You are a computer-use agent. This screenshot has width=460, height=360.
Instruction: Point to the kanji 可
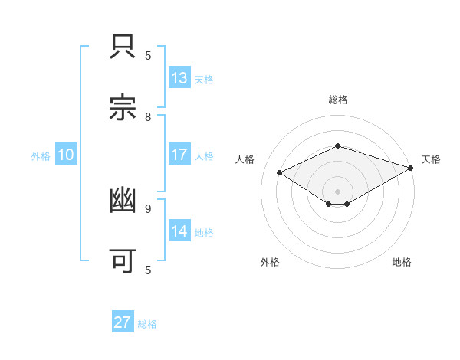[123, 260]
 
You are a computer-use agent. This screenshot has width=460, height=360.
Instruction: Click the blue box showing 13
[179, 78]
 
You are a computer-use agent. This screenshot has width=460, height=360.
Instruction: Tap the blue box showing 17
[179, 155]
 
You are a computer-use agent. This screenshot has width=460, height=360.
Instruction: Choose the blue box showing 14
[179, 231]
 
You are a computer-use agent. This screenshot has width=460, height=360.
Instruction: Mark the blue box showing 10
[66, 155]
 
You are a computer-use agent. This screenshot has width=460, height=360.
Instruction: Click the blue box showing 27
[123, 322]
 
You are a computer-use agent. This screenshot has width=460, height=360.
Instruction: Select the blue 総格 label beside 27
[147, 324]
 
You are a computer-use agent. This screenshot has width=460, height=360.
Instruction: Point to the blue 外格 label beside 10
[41, 156]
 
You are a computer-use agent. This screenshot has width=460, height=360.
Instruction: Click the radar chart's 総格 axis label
[338, 100]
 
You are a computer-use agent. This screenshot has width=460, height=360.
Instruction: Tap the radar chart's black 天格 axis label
[431, 159]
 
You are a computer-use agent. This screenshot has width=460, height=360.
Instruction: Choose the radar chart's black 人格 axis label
[245, 159]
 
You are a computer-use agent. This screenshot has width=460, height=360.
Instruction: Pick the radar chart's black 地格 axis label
[402, 263]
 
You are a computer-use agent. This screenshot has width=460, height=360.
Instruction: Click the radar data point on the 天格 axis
[412, 168]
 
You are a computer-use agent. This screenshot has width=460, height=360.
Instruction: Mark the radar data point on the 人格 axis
[280, 173]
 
